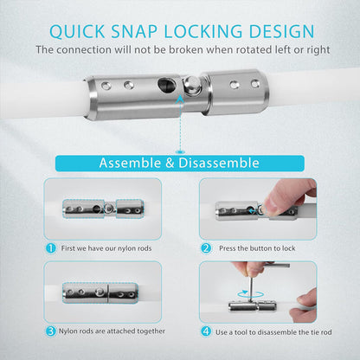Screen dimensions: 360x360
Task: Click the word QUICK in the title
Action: click(x=77, y=31)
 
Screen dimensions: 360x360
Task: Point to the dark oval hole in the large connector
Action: click(x=166, y=84)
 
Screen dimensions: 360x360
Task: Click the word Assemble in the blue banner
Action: click(x=130, y=163)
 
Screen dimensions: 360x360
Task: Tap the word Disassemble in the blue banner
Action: click(x=219, y=163)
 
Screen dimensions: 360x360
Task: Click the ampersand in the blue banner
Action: click(x=170, y=164)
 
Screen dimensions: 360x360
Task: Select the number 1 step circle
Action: click(x=51, y=248)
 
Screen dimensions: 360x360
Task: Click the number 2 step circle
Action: click(x=206, y=248)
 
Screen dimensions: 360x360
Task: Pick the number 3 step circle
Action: click(x=51, y=331)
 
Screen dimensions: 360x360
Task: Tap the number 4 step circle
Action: click(x=206, y=331)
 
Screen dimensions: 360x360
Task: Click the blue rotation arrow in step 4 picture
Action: click(x=251, y=294)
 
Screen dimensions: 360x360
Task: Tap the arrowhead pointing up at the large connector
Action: click(x=180, y=99)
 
